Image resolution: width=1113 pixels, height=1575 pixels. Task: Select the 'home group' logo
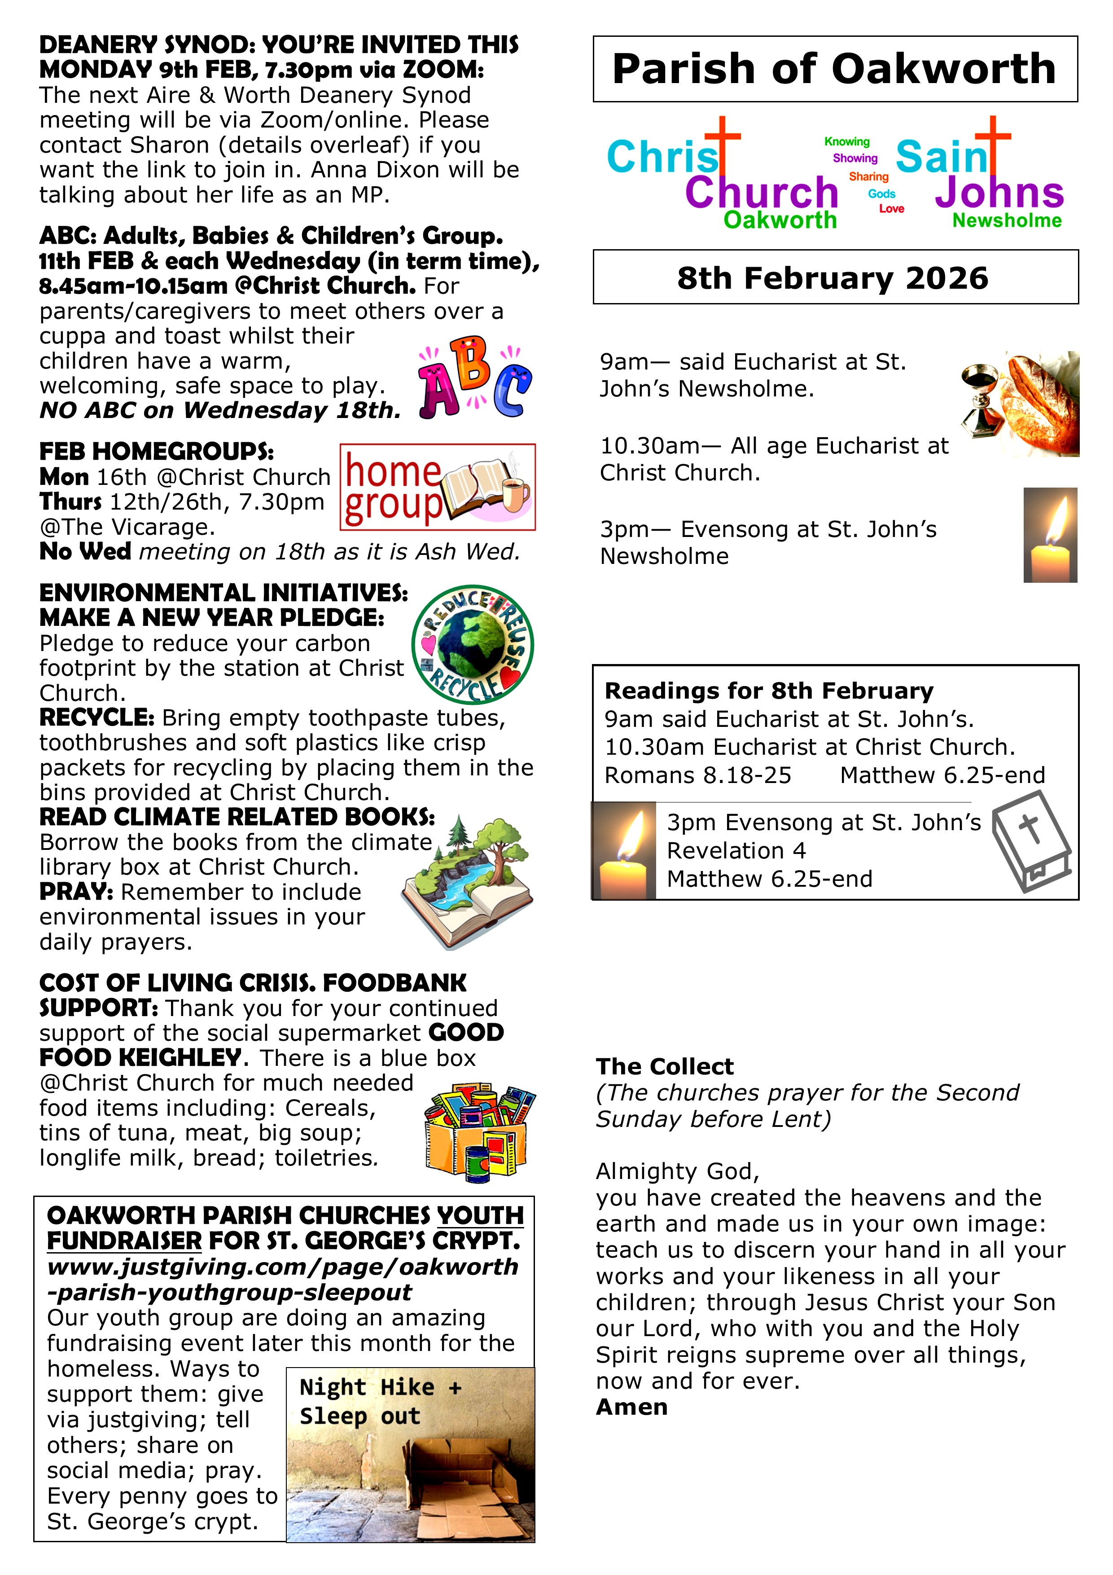point(438,487)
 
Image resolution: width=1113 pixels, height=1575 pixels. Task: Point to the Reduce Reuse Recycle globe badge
point(473,644)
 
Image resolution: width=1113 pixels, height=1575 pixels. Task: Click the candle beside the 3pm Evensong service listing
point(1050,535)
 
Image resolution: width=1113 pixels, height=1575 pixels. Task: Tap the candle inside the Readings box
point(624,851)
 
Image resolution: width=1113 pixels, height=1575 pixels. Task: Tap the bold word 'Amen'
point(631,1407)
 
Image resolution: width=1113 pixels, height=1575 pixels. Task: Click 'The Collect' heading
point(665,1067)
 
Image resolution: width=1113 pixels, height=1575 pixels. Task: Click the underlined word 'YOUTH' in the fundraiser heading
point(480,1215)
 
